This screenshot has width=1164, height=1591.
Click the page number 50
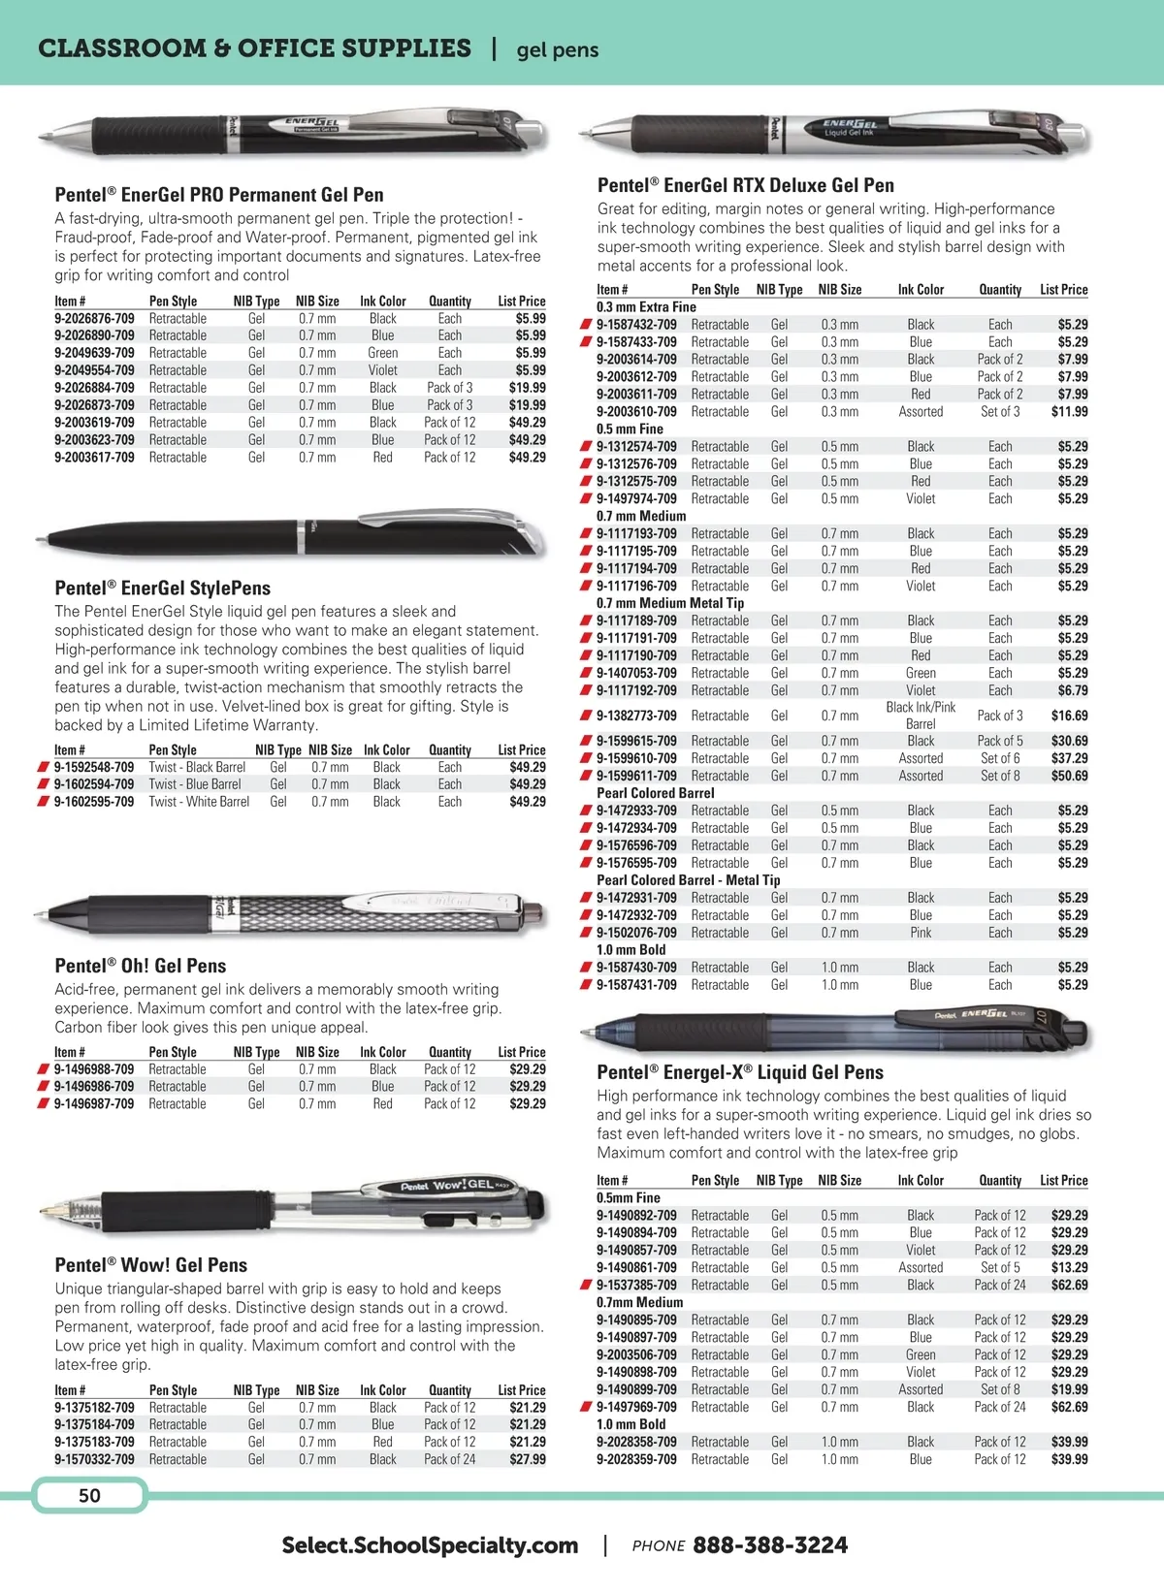tap(89, 1495)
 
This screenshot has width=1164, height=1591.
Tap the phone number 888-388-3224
tap(769, 1544)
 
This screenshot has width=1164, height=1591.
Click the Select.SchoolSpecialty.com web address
tap(430, 1544)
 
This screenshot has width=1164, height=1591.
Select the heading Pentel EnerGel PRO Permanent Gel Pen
tap(219, 195)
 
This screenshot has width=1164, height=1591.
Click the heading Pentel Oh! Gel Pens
tap(141, 966)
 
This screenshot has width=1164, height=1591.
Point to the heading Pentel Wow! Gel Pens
tap(151, 1265)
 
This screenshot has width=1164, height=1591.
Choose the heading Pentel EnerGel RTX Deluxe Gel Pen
tap(745, 185)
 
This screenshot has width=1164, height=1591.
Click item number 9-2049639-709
tap(94, 353)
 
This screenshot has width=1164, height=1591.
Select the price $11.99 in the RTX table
tap(1069, 411)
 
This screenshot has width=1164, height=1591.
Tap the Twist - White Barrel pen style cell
tap(199, 802)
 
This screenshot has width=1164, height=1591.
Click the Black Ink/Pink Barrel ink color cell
tap(921, 716)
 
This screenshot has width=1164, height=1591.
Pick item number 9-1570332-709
tap(94, 1459)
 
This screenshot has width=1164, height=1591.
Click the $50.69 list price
tap(1069, 776)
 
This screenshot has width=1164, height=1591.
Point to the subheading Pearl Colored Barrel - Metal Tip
tap(688, 880)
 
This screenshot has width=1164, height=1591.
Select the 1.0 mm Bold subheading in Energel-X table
tap(630, 1424)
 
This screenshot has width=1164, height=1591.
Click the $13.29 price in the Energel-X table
tap(1069, 1267)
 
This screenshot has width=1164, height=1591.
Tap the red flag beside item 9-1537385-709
tap(586, 1285)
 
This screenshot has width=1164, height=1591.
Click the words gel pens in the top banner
tap(558, 50)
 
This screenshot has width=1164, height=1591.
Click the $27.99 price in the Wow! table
tap(528, 1459)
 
